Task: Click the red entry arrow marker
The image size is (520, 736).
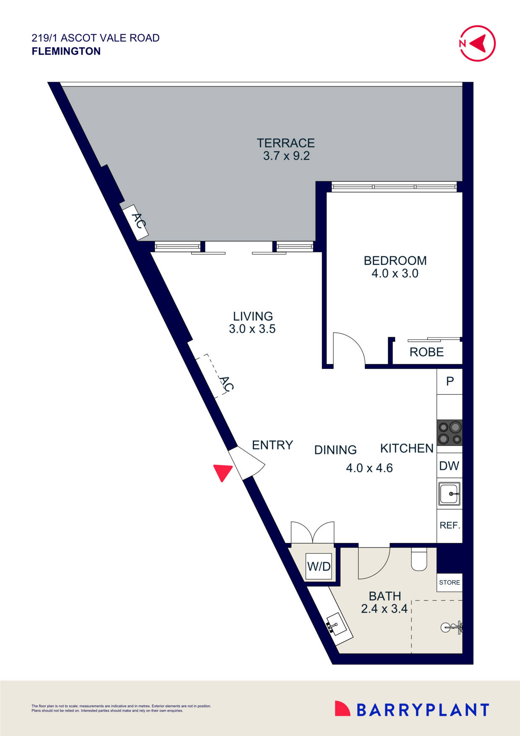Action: point(222,472)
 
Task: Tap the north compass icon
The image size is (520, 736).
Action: point(478,43)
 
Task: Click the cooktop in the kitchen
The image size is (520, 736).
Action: point(450,433)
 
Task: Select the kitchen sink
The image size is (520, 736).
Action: point(450,493)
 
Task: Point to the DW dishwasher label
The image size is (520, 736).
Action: point(449,466)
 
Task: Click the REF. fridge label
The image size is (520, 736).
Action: point(450,525)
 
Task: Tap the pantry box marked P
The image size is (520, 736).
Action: point(450,381)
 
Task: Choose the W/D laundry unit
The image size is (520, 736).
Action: point(319,567)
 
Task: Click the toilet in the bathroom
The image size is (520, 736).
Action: point(419,559)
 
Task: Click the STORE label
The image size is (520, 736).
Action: point(450,582)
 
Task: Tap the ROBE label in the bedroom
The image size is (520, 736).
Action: point(426,352)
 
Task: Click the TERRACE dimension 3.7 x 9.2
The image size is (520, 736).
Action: point(286,156)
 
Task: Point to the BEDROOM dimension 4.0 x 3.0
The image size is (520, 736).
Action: point(395,274)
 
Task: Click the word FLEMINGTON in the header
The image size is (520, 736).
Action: point(66,51)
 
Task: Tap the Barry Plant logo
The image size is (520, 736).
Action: point(412,710)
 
